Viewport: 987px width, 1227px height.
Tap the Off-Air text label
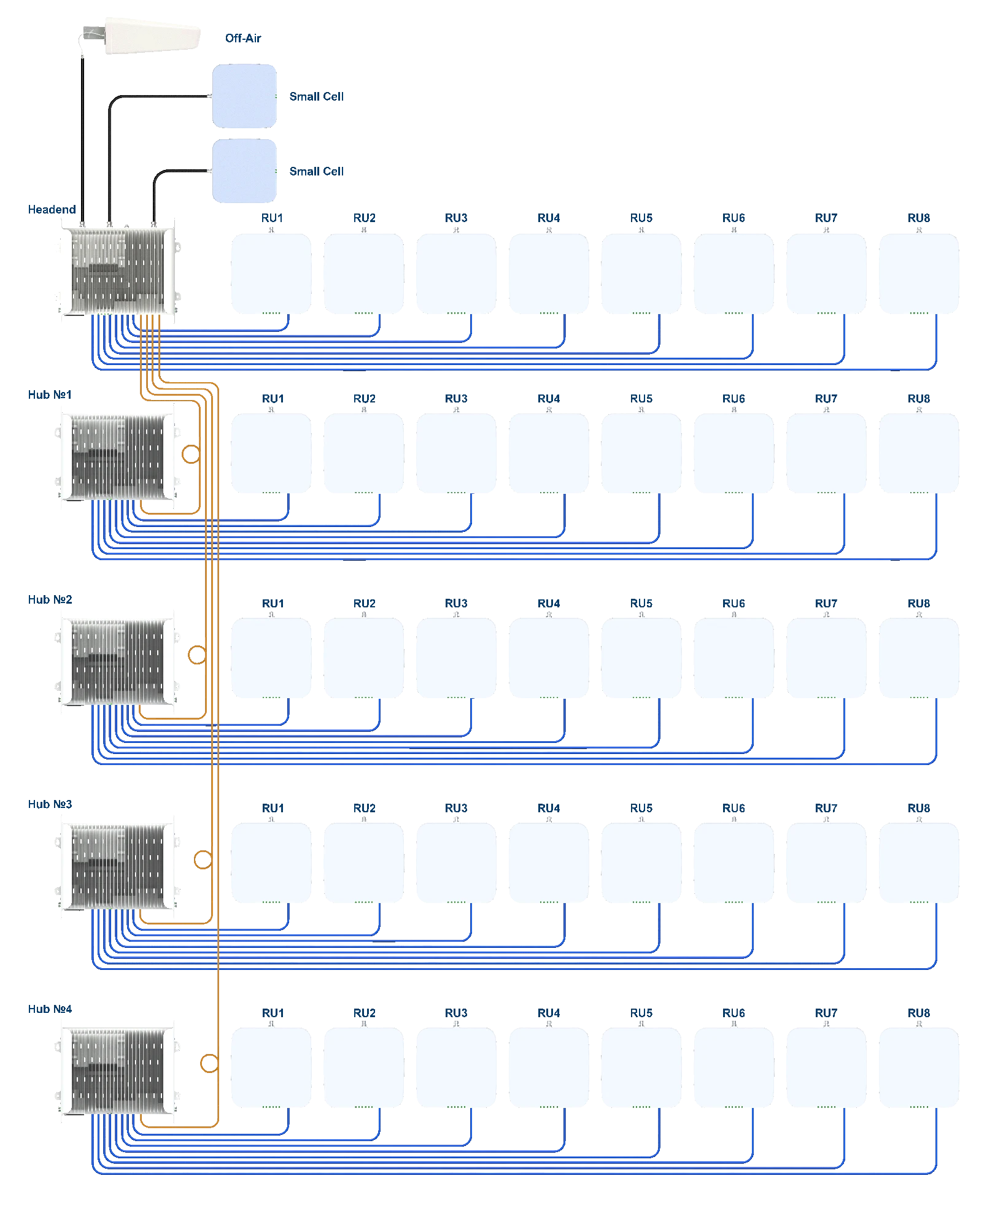[244, 38]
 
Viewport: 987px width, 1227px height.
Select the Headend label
[52, 209]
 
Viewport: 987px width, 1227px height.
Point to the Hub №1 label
[48, 394]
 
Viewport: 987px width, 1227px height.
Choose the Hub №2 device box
[118, 662]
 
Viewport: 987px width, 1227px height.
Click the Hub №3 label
[48, 804]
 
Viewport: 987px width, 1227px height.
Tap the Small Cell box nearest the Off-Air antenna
[244, 96]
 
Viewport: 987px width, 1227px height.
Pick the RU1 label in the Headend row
[271, 218]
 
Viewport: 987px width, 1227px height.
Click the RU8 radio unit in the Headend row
[919, 273]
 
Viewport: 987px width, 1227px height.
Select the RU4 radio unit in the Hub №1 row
[548, 454]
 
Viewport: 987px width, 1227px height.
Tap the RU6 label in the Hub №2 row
[733, 604]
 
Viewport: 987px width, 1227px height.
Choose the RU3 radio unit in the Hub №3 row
[455, 862]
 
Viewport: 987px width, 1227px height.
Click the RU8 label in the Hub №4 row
[919, 1013]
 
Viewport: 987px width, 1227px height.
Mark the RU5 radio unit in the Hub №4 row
[640, 1067]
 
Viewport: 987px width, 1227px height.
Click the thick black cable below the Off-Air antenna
[83, 135]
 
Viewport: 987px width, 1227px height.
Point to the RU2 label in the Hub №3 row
[365, 807]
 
